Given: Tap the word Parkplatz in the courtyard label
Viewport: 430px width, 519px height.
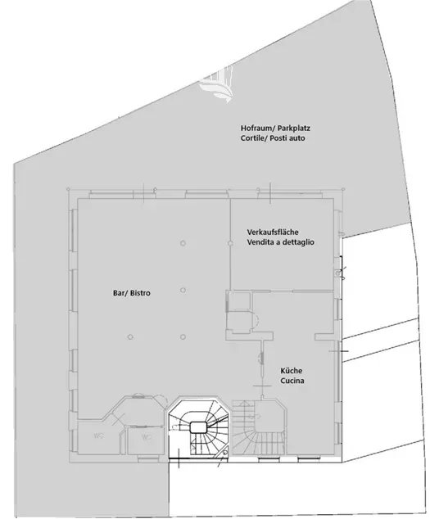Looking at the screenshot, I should (x=292, y=129).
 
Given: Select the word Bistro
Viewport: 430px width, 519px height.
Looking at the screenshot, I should (x=146, y=292).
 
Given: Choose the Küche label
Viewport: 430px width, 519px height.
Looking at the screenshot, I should (x=292, y=370).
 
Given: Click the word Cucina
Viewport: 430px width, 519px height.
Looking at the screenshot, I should (x=293, y=381).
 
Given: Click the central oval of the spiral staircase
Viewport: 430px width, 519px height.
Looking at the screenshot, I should (x=197, y=426).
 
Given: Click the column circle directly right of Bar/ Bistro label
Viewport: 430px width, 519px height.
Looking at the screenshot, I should (x=185, y=289).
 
